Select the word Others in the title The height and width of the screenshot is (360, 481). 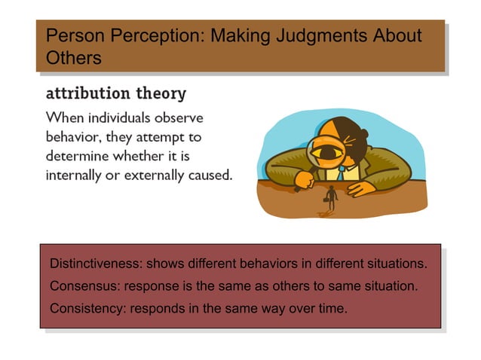73,57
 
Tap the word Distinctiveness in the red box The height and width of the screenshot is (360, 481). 93,264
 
